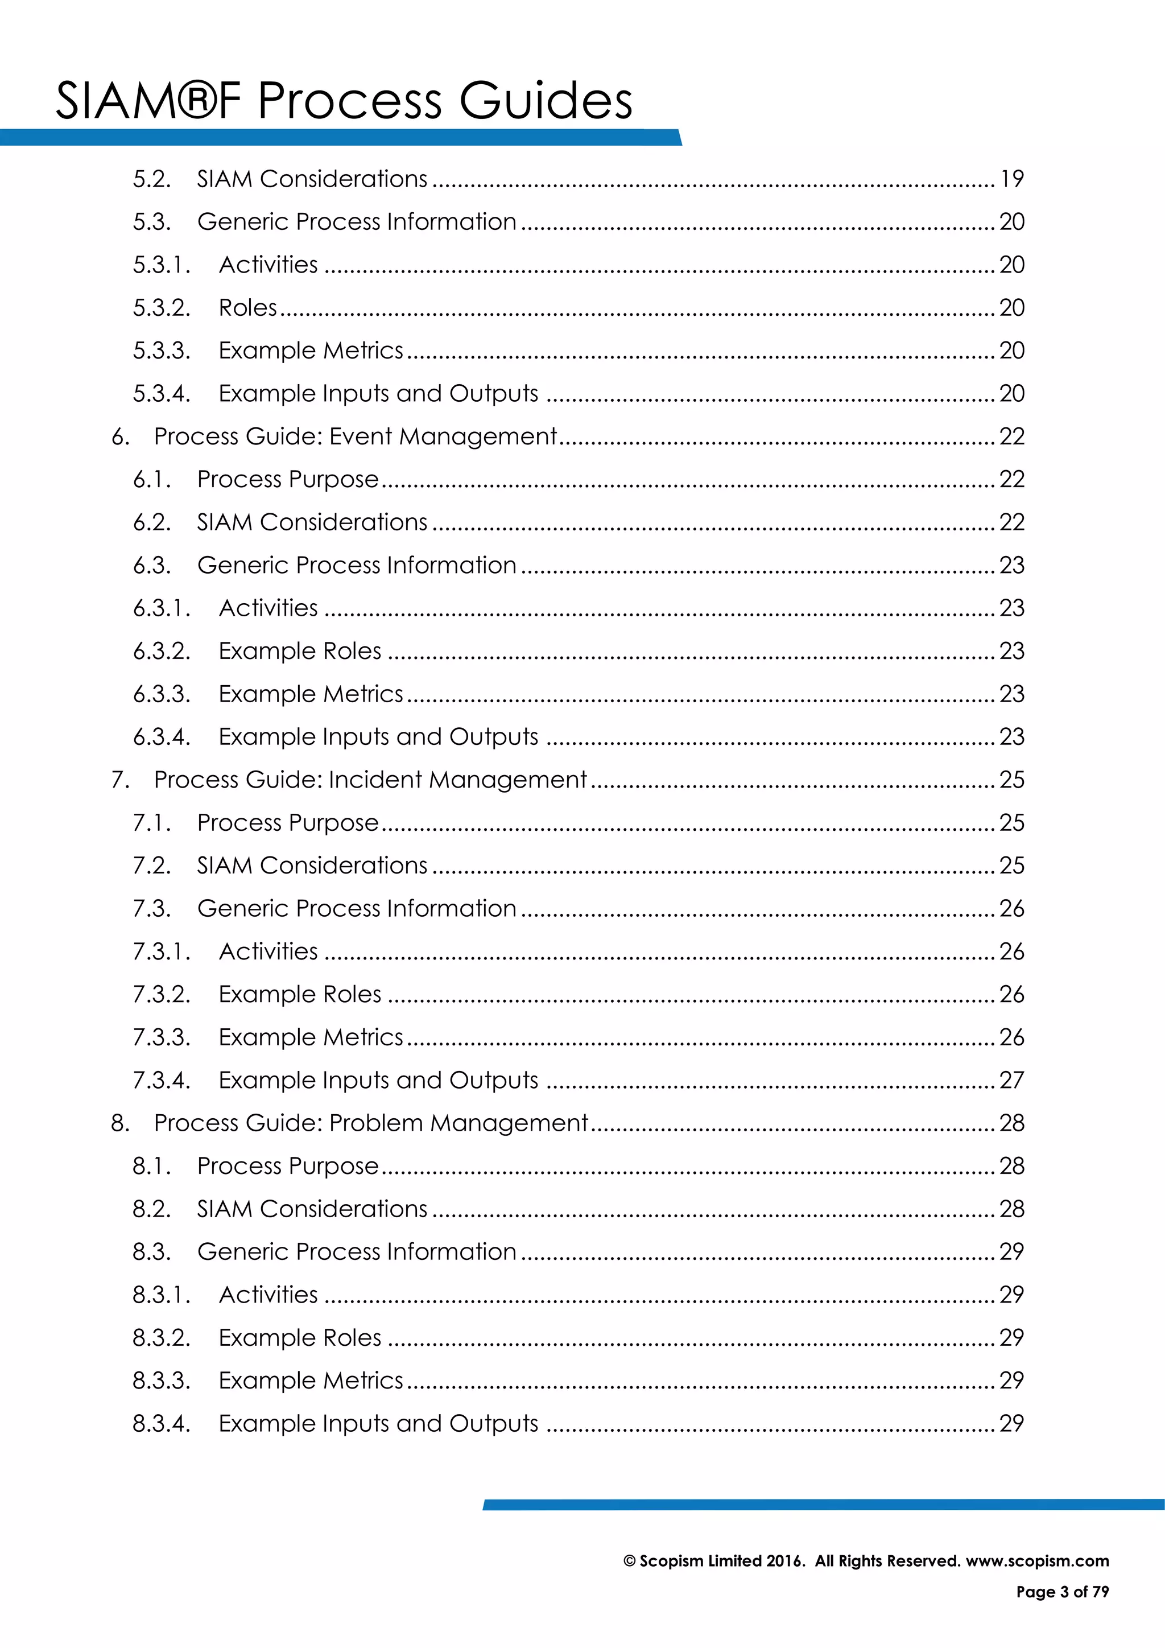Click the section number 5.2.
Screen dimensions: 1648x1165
[x=151, y=179]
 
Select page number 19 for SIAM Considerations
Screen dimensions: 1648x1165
[x=1011, y=179]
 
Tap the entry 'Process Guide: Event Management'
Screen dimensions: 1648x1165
[x=355, y=436]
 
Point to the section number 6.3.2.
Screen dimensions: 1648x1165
[x=162, y=651]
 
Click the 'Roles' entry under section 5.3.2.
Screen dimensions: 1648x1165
[x=247, y=308]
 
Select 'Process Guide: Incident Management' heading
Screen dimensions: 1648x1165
[x=370, y=780]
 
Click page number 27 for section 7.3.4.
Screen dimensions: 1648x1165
[x=1011, y=1080]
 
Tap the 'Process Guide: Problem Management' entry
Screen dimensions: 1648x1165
[x=371, y=1123]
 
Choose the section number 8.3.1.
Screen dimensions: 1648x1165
[x=162, y=1295]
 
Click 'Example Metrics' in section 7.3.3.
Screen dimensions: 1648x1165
[x=311, y=1037]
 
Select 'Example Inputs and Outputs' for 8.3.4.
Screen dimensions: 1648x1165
[x=378, y=1423]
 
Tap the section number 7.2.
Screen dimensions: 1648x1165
[x=151, y=866]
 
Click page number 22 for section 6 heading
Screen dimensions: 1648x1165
[x=1011, y=436]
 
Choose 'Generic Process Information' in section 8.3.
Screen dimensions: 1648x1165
[x=357, y=1252]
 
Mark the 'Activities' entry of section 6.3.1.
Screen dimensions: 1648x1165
[x=268, y=608]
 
